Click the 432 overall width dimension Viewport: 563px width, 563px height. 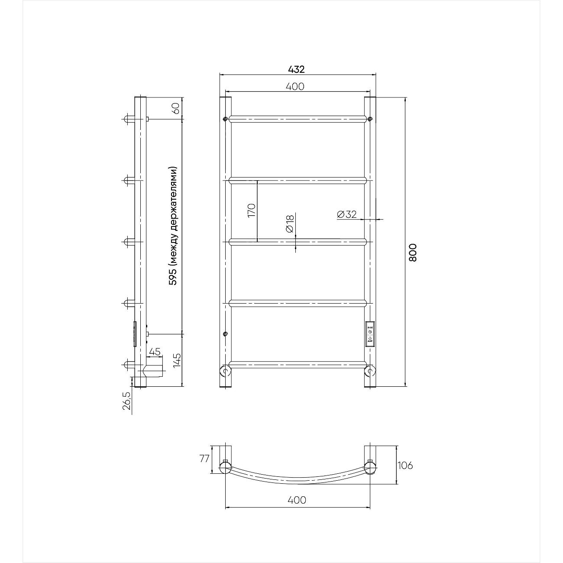(296, 69)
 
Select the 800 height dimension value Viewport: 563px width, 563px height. (413, 252)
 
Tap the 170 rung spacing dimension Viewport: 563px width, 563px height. (251, 210)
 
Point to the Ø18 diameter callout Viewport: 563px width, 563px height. (289, 224)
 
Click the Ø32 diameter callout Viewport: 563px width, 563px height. (347, 214)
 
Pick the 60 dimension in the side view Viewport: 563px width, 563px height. (176, 109)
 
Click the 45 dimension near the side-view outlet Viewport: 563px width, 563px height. (155, 352)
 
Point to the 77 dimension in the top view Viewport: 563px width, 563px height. (204, 459)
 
